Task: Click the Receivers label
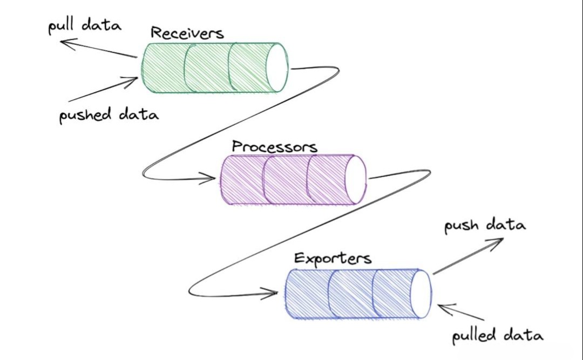pos(187,33)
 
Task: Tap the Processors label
pos(274,146)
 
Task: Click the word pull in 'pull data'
pos(62,27)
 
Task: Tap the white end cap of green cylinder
pos(277,67)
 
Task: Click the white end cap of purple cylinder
pos(355,180)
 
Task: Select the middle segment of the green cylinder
pos(207,68)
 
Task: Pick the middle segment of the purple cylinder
pos(285,180)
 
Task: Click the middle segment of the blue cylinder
pos(351,294)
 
